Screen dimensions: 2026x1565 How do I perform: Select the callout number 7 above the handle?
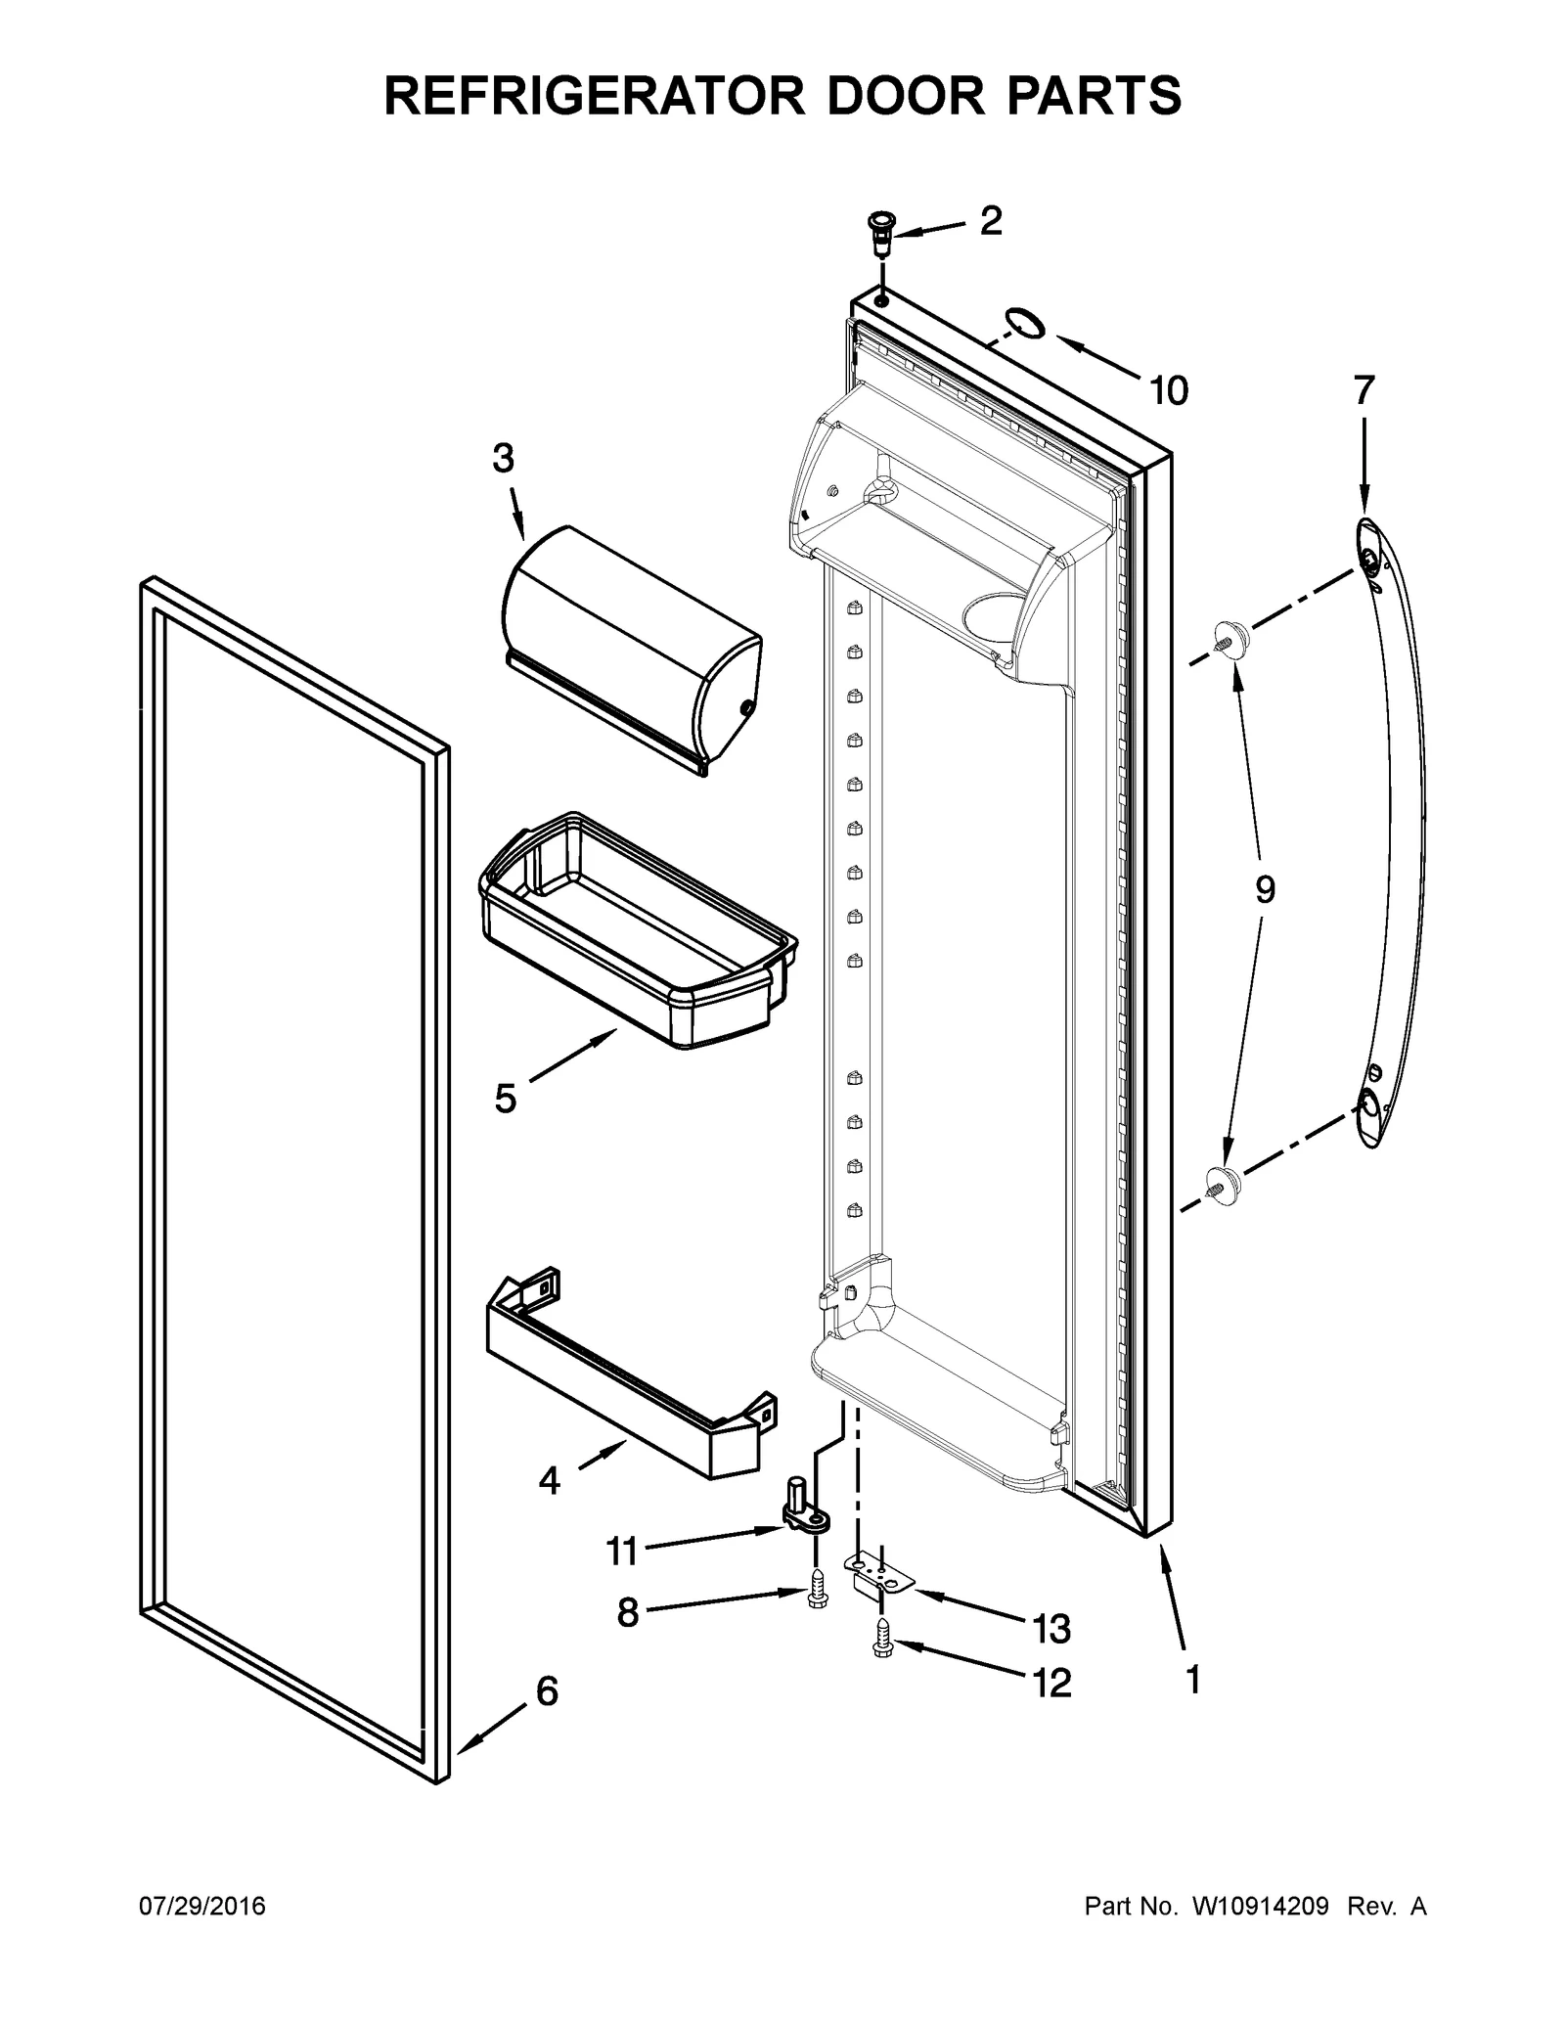click(x=1364, y=391)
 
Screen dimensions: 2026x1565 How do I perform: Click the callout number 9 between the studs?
click(x=1265, y=890)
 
